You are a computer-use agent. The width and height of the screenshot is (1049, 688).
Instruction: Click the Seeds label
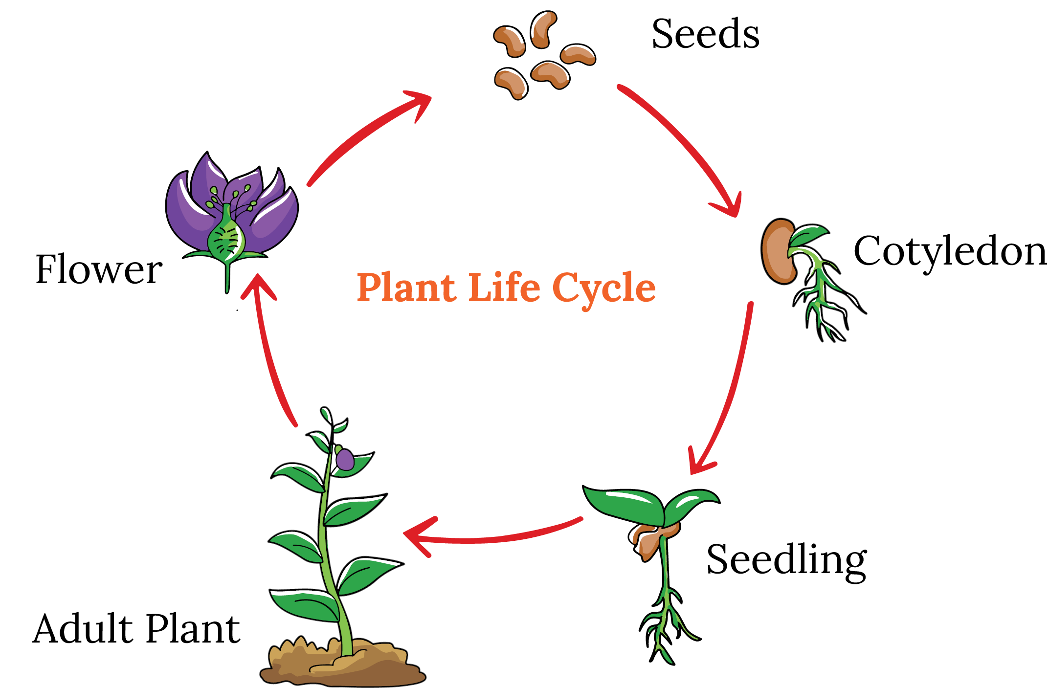(x=705, y=34)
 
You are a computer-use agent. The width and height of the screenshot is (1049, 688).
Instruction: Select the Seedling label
(x=786, y=560)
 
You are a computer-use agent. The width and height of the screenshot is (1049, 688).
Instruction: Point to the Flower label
(x=99, y=269)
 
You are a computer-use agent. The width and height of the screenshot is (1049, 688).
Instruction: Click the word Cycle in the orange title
(x=604, y=289)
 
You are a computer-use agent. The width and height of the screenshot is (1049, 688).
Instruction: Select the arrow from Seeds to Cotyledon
(x=685, y=147)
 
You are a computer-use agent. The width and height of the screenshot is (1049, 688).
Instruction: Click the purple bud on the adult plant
(x=345, y=460)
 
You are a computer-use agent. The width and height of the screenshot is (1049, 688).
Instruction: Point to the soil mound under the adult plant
(x=342, y=665)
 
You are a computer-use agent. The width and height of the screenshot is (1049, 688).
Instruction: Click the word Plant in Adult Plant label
(x=193, y=629)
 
